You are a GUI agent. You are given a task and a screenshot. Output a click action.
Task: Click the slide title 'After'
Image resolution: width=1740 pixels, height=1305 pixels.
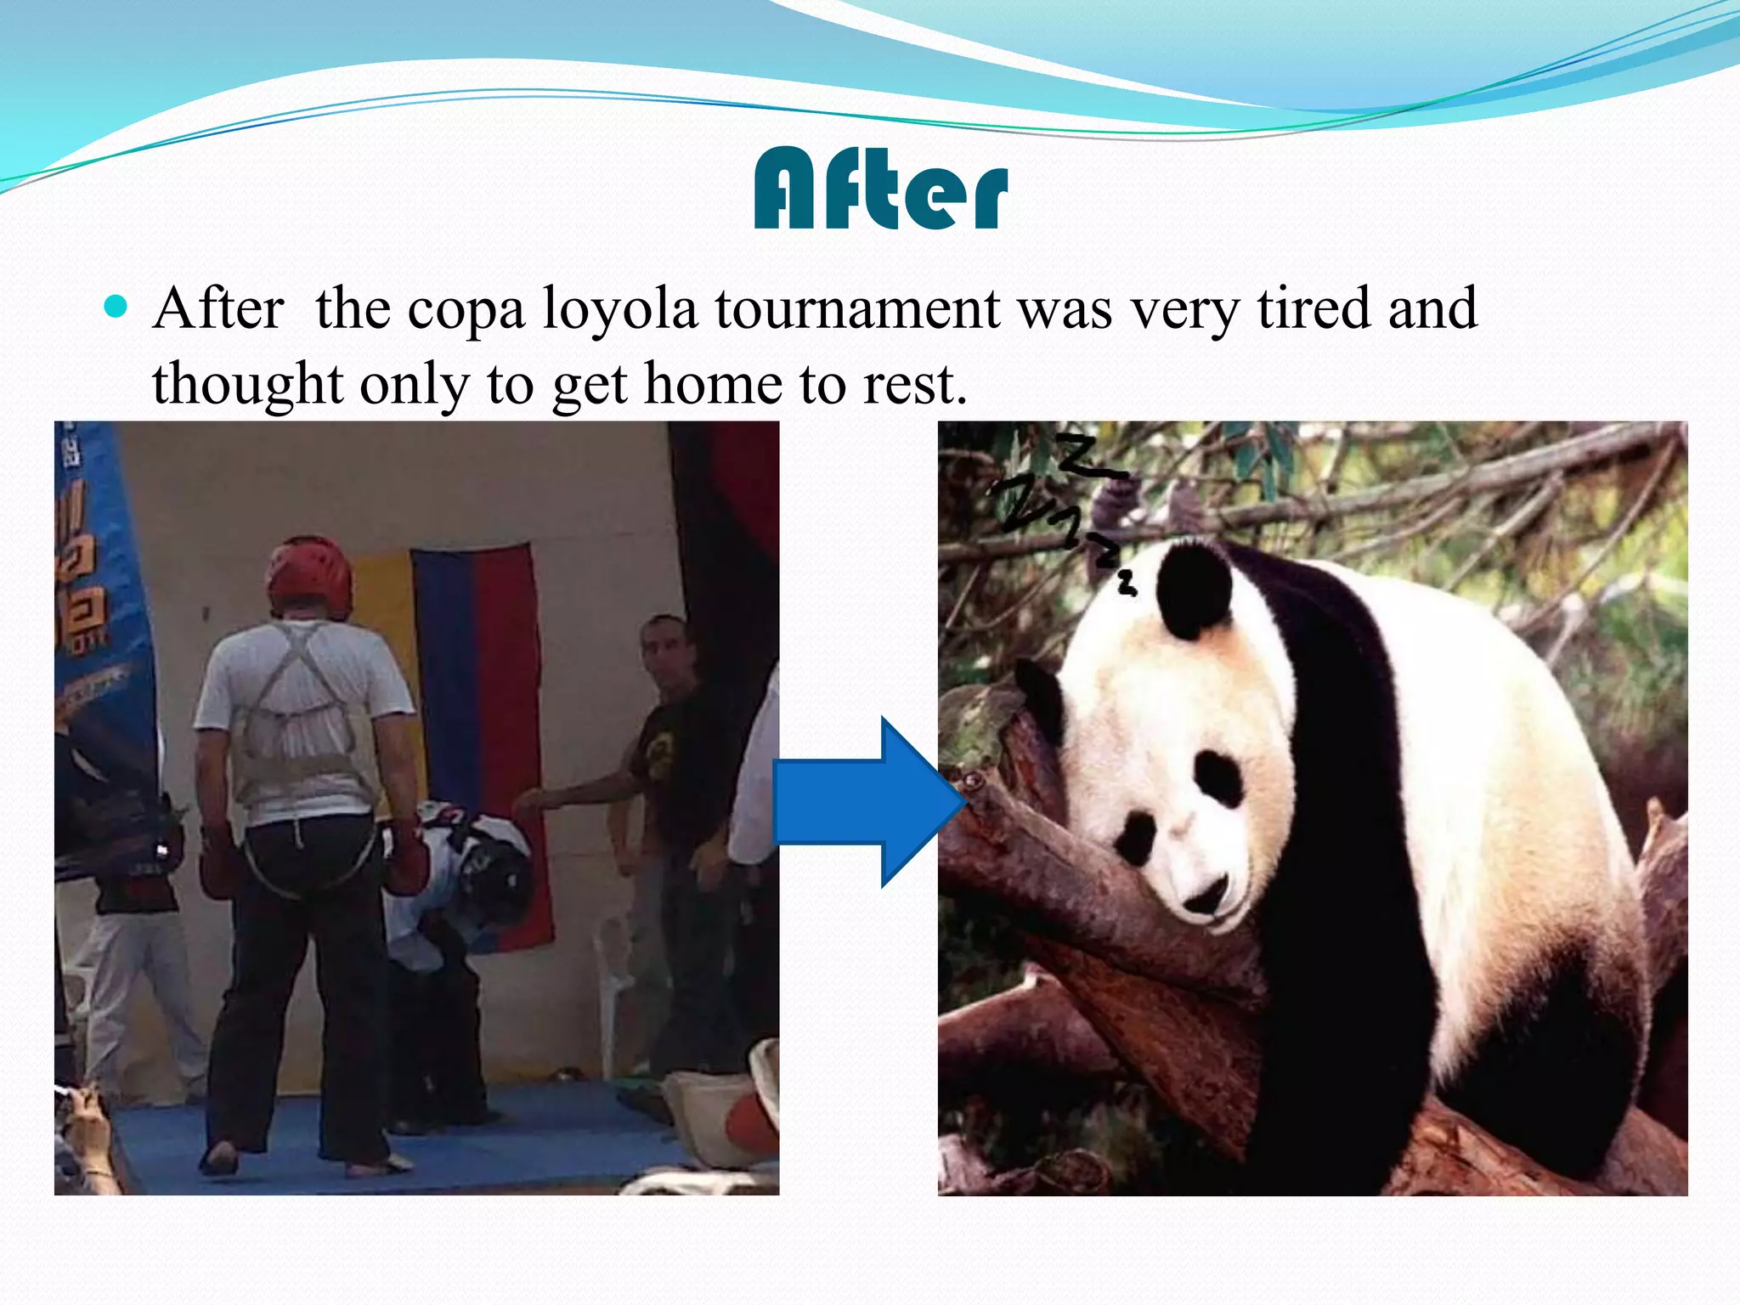click(x=880, y=189)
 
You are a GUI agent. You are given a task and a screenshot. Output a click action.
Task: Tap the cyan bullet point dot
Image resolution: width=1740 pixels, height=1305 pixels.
click(x=115, y=306)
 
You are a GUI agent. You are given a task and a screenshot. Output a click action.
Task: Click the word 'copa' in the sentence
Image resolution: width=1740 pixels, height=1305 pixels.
click(x=466, y=309)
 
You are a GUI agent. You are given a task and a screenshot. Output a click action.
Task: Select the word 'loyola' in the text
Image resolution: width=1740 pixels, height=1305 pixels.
click(x=619, y=309)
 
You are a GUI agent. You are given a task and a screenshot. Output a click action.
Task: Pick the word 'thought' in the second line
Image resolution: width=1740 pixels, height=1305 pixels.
click(x=247, y=384)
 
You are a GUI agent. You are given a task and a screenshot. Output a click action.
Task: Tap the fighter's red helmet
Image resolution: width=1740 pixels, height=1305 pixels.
click(x=309, y=573)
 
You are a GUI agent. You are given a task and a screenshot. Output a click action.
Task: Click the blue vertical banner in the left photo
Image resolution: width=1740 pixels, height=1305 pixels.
click(x=98, y=612)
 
